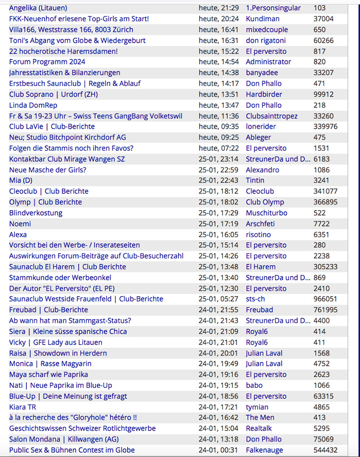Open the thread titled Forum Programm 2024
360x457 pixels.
tap(47, 62)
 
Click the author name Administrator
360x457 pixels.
tap(268, 62)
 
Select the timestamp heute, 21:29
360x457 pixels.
tap(218, 8)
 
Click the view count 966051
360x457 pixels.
tap(325, 299)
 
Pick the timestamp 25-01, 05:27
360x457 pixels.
tap(218, 299)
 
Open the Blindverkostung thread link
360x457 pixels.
tap(36, 213)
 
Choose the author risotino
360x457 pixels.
tap(258, 235)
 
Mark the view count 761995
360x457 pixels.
tap(325, 310)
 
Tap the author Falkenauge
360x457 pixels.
tap(264, 450)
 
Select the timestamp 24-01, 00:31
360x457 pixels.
tap(218, 450)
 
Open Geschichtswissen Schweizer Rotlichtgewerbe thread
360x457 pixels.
tap(82, 429)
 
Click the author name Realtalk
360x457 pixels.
tap(260, 429)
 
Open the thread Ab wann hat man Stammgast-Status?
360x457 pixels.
tap(70, 321)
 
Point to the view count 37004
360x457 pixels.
tap(324, 19)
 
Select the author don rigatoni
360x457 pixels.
tap(266, 40)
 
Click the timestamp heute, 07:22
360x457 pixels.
tap(218, 148)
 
